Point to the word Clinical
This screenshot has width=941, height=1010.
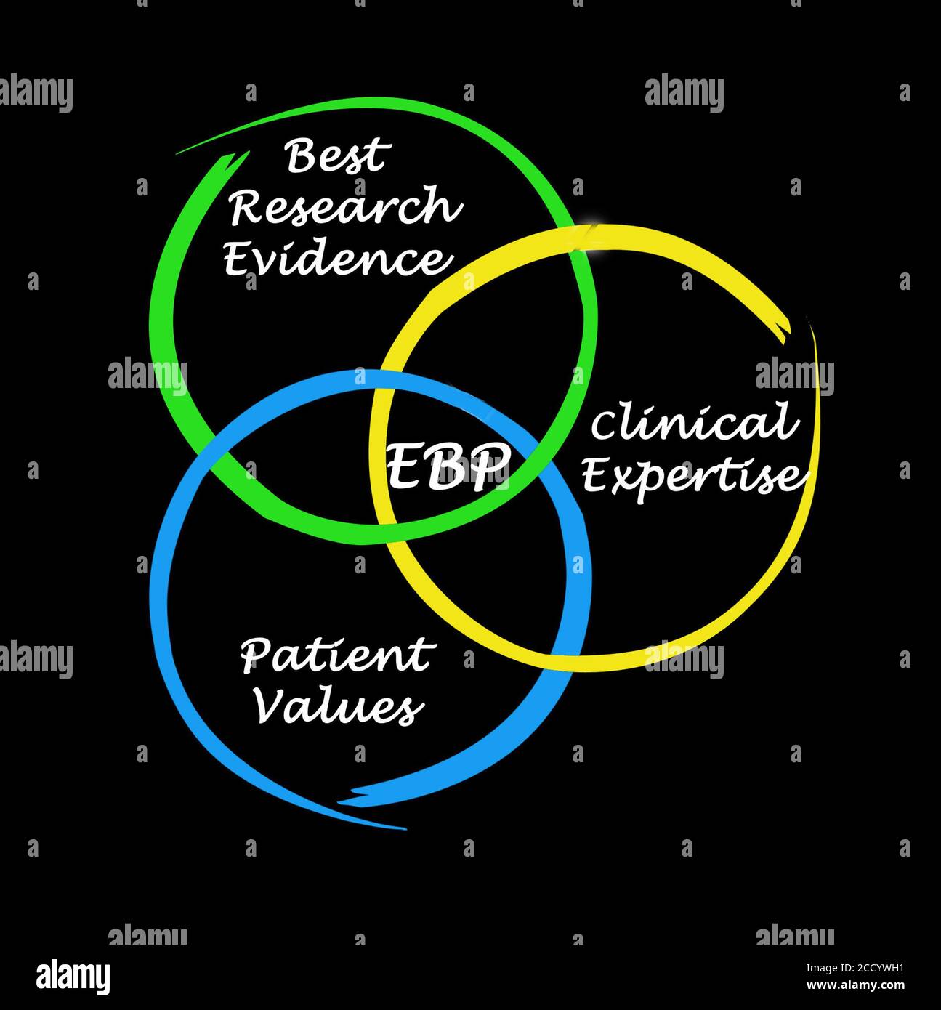tap(690, 424)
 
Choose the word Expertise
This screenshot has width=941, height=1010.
tap(694, 477)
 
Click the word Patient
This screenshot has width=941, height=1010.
tap(337, 655)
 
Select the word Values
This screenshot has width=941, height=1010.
tap(338, 706)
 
